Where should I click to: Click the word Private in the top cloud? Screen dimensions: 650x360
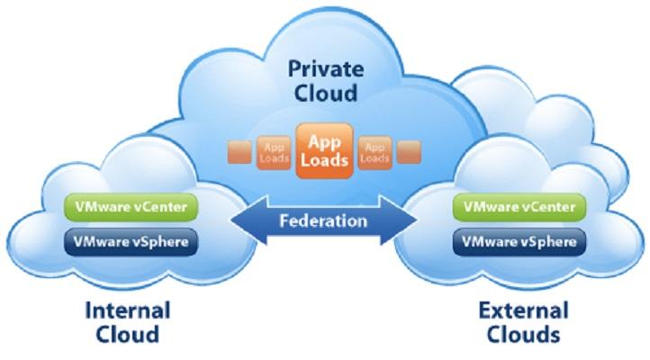[x=326, y=68]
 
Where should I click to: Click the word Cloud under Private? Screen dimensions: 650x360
[x=326, y=93]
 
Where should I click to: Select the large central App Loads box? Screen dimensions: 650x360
[x=324, y=151]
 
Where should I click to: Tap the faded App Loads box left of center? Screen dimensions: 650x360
[x=274, y=153]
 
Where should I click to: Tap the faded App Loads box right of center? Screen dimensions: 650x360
[x=375, y=153]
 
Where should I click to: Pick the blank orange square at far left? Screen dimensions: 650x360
[x=239, y=152]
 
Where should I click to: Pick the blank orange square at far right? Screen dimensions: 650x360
[x=409, y=152]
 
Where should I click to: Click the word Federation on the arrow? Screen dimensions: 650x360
[x=323, y=220]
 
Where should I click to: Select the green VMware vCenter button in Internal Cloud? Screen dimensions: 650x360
[x=131, y=207]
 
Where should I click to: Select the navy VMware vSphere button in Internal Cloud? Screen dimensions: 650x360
[x=131, y=242]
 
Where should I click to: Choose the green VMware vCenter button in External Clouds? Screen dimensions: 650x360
[x=519, y=207]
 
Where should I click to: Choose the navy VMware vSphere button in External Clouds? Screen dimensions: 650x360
[x=519, y=242]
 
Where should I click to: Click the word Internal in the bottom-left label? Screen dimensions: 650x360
[x=128, y=310]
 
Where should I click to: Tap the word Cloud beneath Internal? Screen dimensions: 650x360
[x=128, y=334]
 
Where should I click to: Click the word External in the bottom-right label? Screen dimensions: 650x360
[x=523, y=310]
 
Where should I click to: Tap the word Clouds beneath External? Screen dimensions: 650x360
[x=523, y=334]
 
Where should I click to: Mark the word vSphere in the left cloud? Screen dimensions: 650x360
[x=161, y=242]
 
